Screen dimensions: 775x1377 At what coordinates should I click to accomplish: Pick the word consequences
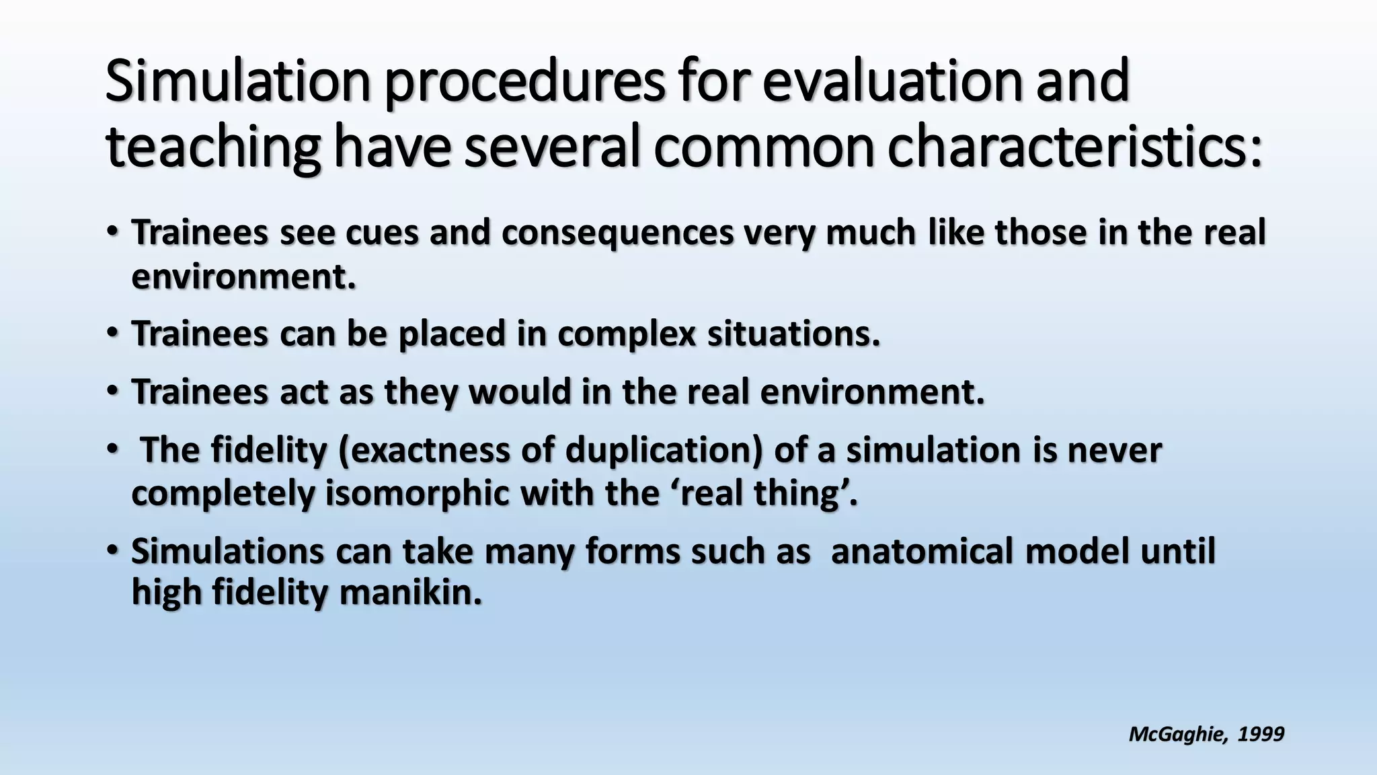(x=617, y=233)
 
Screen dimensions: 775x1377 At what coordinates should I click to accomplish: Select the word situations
(x=793, y=334)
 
